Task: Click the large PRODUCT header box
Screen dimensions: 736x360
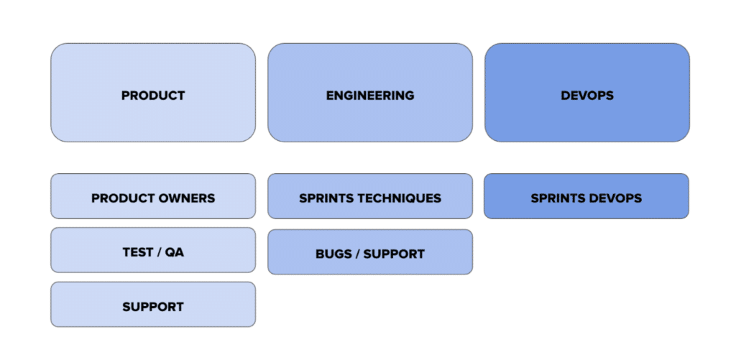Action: coord(153,93)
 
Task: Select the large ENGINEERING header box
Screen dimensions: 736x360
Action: coord(370,93)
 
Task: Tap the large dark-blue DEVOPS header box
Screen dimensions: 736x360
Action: coord(586,93)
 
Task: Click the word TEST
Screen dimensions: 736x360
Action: coord(138,252)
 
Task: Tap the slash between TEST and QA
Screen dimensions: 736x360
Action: coord(160,252)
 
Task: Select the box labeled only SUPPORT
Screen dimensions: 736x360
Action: coord(153,304)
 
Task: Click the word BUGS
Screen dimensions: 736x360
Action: coord(331,254)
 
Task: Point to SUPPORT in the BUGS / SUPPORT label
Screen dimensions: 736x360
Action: coord(394,254)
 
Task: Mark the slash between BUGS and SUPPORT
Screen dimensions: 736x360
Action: coord(355,254)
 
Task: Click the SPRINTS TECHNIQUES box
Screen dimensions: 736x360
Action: coord(370,195)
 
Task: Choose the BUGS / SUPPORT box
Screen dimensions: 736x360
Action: coord(370,251)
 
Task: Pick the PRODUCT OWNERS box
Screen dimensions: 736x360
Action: coord(153,195)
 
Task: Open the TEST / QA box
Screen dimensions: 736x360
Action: coord(153,249)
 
